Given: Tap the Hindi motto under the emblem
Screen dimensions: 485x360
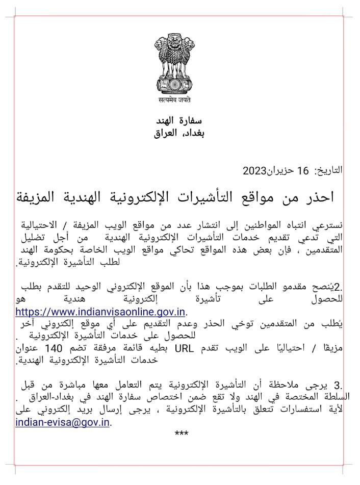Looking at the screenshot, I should click(x=178, y=100).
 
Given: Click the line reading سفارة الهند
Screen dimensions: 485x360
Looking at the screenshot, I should click(x=179, y=121).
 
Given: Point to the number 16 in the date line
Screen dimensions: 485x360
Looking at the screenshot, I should click(x=303, y=170).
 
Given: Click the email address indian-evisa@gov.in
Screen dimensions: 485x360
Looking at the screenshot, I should click(x=63, y=422).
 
